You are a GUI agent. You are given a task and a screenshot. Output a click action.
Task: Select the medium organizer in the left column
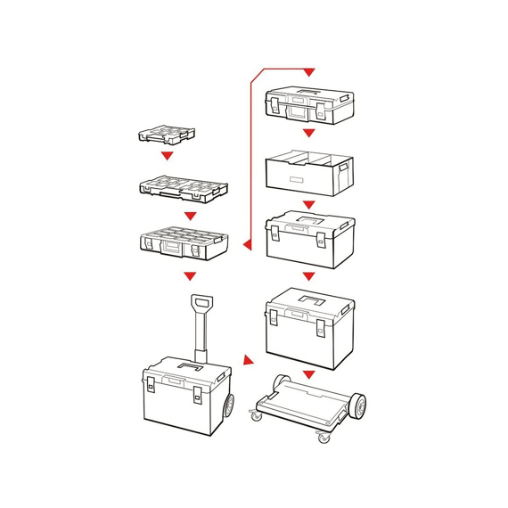click(x=183, y=188)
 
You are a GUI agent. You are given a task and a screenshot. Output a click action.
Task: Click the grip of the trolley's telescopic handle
click(x=201, y=304)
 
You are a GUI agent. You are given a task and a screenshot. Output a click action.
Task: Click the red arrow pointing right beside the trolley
click(x=250, y=364)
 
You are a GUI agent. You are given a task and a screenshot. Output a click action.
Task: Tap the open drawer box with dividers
click(x=309, y=173)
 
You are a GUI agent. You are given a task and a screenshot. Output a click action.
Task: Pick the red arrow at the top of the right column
click(x=309, y=71)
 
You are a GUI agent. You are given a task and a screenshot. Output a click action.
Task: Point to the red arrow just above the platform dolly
click(x=308, y=374)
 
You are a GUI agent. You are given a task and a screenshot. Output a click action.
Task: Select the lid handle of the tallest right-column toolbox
click(x=311, y=299)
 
